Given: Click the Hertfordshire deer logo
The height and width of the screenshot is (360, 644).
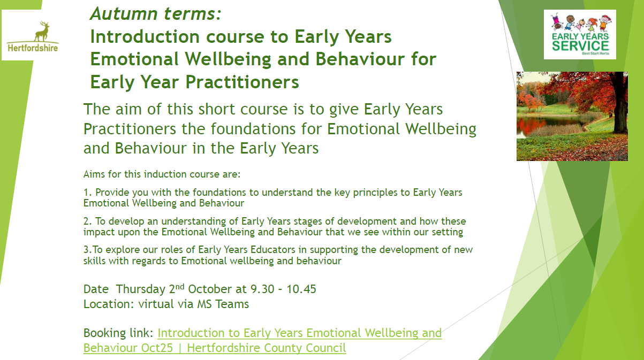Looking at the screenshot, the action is point(33,36).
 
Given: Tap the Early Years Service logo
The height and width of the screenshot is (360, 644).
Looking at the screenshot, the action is point(580,34).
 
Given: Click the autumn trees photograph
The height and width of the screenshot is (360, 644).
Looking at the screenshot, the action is point(572,116).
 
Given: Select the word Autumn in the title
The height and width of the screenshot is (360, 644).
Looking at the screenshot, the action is point(125,13).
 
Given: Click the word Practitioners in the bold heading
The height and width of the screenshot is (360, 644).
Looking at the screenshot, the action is point(242,82).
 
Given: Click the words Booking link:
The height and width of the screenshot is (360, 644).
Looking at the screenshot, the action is point(118,333).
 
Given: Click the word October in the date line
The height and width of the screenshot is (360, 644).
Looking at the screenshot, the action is point(210,289).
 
